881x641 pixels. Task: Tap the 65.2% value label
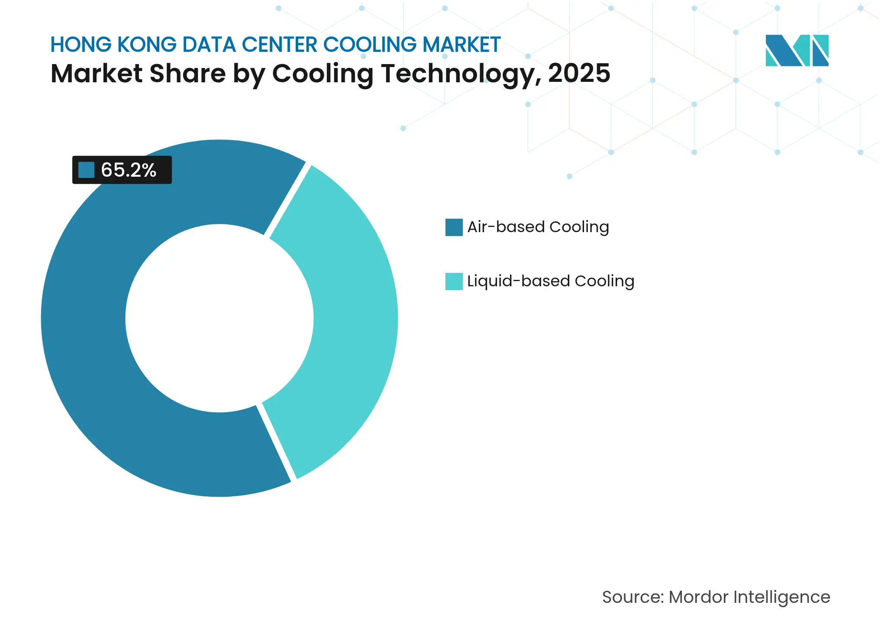[129, 170]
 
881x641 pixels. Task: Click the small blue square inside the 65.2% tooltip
[86, 170]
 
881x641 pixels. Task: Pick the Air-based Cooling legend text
[538, 227]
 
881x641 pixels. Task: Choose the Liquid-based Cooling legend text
[551, 281]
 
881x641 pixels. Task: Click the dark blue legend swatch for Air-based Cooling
[454, 227]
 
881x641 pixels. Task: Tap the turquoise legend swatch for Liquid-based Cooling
[454, 282]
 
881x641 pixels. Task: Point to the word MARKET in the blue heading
[461, 45]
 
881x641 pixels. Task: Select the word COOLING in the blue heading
[370, 45]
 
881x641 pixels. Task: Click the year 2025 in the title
[579, 74]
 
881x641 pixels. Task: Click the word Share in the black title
[187, 74]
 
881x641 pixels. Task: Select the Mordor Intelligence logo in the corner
[797, 50]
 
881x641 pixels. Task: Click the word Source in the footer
[633, 597]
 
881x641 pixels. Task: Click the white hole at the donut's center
[219, 318]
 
